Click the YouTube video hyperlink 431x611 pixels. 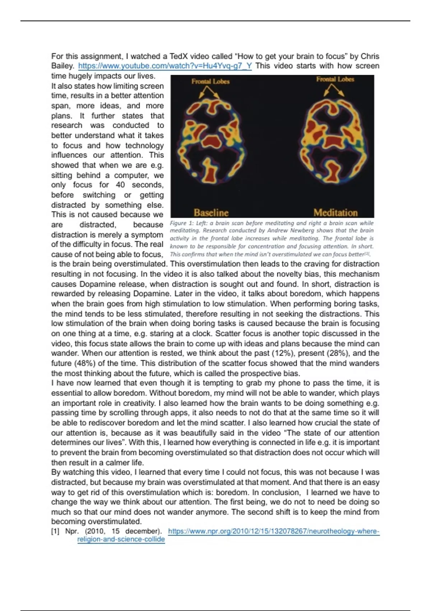coord(165,66)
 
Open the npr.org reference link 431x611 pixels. coord(273,531)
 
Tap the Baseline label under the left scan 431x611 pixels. coord(211,212)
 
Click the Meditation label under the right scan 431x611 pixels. coord(335,212)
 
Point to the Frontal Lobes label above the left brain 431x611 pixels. coord(210,82)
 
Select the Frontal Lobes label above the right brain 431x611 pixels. coord(335,79)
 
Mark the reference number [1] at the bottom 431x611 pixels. coord(55,531)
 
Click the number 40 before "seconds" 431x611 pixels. coord(120,185)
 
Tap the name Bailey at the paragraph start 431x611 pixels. coord(62,66)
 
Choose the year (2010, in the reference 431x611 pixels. coord(95,531)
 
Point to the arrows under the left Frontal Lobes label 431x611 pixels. coord(209,92)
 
